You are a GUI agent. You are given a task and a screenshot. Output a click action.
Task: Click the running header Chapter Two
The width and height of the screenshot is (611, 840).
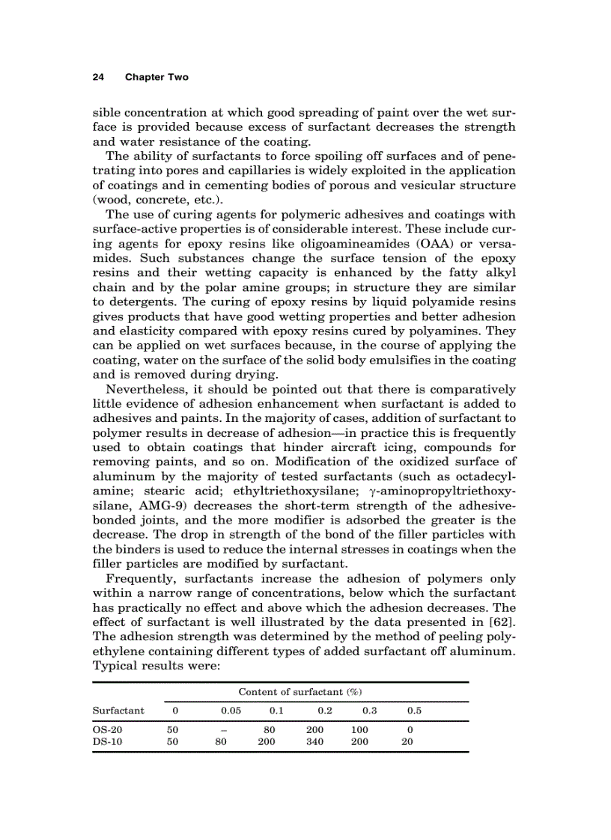tap(156, 77)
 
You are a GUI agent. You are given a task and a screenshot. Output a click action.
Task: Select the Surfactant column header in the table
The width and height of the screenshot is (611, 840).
tap(118, 710)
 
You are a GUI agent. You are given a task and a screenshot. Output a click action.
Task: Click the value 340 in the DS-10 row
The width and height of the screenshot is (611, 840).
tap(315, 742)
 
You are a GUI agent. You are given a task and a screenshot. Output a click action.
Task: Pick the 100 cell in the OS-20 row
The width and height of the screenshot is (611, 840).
tap(360, 729)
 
